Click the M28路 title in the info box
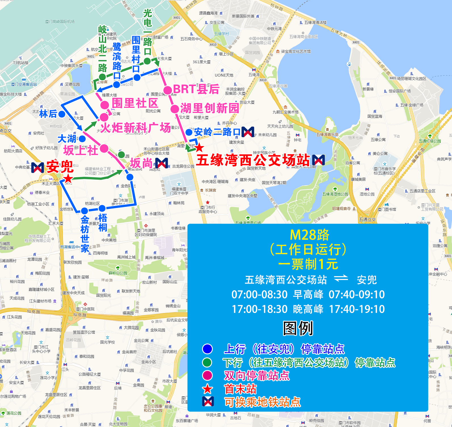(x=310, y=235)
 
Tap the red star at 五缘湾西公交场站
(x=199, y=148)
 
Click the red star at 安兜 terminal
(x=68, y=179)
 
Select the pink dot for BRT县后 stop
(x=168, y=90)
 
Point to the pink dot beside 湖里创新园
(x=175, y=109)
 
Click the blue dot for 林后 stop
(x=62, y=114)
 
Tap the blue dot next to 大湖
(x=82, y=139)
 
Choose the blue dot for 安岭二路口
(x=189, y=132)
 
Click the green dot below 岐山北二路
(x=102, y=77)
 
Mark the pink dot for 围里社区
(x=105, y=105)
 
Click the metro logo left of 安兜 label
(x=37, y=168)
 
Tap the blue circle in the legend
(x=207, y=349)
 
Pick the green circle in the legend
(x=207, y=362)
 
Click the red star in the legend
(x=207, y=389)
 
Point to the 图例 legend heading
(x=298, y=329)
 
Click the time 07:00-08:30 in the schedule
(x=259, y=295)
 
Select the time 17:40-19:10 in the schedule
(x=357, y=309)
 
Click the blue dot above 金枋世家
(x=85, y=211)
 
